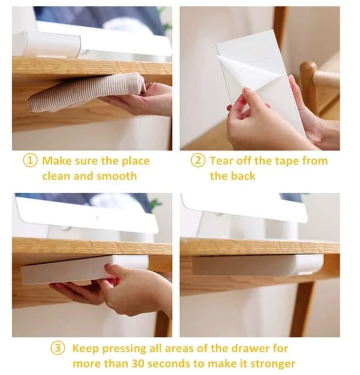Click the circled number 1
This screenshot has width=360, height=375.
(30, 160)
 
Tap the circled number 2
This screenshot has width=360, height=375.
(198, 161)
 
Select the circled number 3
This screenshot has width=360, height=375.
(57, 348)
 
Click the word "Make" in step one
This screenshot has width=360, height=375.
(57, 161)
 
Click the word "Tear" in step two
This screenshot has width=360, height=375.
(222, 161)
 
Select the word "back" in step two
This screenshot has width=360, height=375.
(243, 176)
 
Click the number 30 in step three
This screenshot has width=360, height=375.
(138, 364)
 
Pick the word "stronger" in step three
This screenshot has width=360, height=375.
(272, 364)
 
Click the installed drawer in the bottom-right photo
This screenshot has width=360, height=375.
(257, 265)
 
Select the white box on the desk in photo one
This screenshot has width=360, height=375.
(47, 45)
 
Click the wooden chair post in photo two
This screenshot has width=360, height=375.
(309, 88)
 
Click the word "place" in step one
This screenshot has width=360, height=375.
(136, 162)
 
